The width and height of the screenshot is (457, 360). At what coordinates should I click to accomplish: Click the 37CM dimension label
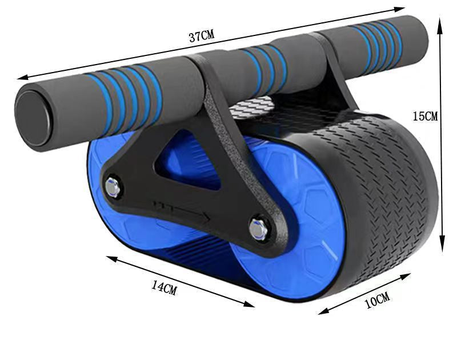[x=202, y=37]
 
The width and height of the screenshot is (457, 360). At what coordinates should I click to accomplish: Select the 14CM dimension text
[x=164, y=287]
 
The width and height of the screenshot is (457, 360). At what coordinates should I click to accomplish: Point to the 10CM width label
[x=377, y=299]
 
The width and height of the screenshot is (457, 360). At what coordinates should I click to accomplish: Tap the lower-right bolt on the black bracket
[x=258, y=229]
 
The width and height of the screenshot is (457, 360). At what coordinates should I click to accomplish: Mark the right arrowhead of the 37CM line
[x=402, y=9]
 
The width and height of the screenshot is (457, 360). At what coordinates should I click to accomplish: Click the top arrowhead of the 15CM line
[x=440, y=19]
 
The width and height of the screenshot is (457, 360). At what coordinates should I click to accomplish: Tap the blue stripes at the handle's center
[x=263, y=62]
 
